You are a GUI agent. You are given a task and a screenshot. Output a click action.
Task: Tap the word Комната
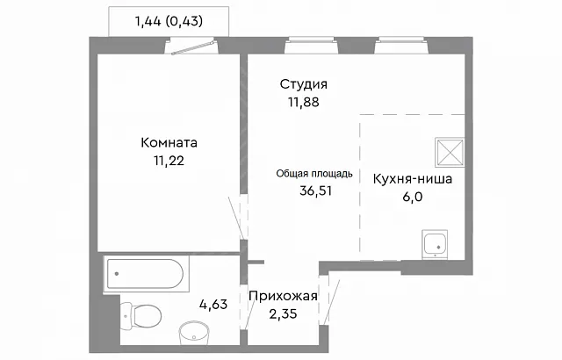click(169, 142)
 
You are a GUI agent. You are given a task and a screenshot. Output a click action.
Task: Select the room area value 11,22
click(169, 161)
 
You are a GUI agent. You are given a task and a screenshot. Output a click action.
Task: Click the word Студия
click(304, 84)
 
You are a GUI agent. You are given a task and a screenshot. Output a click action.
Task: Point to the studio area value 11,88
click(304, 102)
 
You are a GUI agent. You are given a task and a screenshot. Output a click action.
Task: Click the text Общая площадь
click(314, 174)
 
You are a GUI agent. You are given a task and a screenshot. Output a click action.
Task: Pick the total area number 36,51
click(316, 191)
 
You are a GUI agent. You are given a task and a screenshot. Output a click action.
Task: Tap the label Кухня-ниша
click(413, 179)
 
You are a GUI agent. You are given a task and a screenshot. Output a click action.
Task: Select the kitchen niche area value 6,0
click(413, 197)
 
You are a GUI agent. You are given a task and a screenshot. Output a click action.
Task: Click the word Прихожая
click(283, 296)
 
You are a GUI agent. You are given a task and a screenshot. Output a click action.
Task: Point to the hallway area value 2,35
click(283, 314)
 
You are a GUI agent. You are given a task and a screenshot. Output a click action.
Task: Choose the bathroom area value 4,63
click(213, 305)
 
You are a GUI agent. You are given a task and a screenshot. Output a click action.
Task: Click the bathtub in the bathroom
click(146, 274)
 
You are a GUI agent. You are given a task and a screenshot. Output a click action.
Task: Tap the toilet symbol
click(140, 316)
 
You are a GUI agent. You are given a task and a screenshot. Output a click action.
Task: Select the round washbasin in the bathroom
click(193, 334)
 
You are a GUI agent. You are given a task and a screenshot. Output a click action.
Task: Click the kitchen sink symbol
click(435, 244)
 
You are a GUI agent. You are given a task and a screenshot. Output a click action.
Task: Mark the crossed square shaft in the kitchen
click(450, 152)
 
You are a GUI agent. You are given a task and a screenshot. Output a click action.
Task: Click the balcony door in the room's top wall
click(194, 48)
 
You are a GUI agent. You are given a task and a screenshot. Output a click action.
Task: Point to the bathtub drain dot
click(117, 274)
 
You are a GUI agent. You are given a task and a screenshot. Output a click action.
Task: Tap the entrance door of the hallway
click(331, 302)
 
